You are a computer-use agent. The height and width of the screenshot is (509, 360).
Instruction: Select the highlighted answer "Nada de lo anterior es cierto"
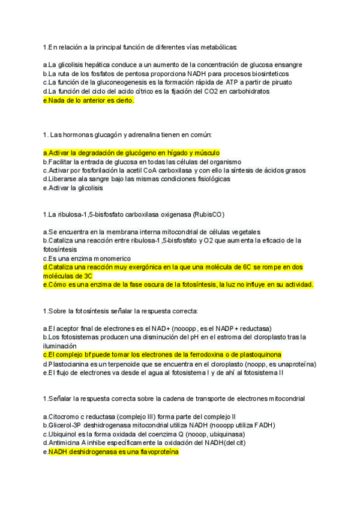point(90,101)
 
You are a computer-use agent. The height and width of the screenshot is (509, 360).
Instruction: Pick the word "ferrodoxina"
point(204,355)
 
